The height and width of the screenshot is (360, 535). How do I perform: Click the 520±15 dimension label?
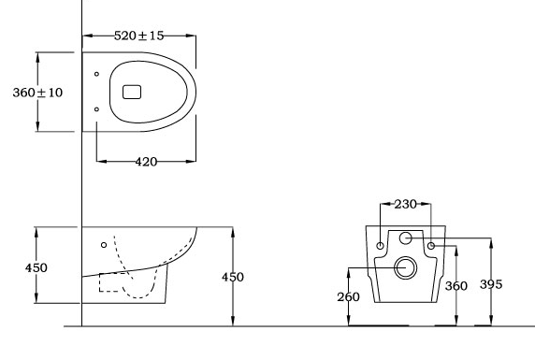coord(138,36)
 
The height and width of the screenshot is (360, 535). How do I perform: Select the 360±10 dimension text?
coord(37,93)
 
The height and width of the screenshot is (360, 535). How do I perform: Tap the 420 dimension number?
coord(146,162)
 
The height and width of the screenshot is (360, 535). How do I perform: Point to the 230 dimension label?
coord(406,204)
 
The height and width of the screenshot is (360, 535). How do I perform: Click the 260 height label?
coord(348,296)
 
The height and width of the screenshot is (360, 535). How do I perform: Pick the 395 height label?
coord(491,284)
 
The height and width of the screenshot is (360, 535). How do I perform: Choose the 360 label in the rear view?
coord(455,285)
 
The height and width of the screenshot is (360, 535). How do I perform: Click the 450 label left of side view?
coord(36,267)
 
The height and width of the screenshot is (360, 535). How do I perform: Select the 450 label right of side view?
coord(233,277)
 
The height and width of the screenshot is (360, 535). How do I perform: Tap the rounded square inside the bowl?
coord(132,92)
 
